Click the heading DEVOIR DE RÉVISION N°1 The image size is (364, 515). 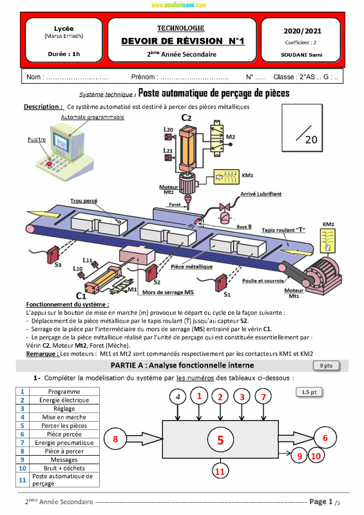pyautogui.click(x=182, y=41)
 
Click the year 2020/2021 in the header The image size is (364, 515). pyautogui.click(x=302, y=31)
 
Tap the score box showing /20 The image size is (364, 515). pyautogui.click(x=302, y=127)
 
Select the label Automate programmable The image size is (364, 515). pyautogui.click(x=92, y=117)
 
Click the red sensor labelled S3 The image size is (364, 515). pyautogui.click(x=52, y=254)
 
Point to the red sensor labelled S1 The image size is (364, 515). pyautogui.click(x=221, y=283)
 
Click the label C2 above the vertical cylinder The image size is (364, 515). pyautogui.click(x=186, y=118)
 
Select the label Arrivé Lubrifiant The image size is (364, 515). pyautogui.click(x=261, y=194)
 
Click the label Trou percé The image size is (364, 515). pyautogui.click(x=84, y=201)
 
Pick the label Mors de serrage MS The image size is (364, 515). pyautogui.click(x=168, y=292)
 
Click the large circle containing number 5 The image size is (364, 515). pyautogui.click(x=220, y=440)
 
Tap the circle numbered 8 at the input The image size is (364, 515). pyautogui.click(x=115, y=439)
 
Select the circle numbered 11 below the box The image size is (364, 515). pyautogui.click(x=220, y=472)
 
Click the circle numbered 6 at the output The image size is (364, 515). pyautogui.click(x=325, y=438)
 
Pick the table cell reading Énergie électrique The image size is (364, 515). pyautogui.click(x=64, y=400)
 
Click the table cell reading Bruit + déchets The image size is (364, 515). pyautogui.click(x=64, y=468)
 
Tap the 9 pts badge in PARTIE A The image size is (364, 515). pyautogui.click(x=326, y=366)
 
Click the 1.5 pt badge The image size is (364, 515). pyautogui.click(x=309, y=392)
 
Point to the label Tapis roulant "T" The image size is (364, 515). pyautogui.click(x=283, y=230)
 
